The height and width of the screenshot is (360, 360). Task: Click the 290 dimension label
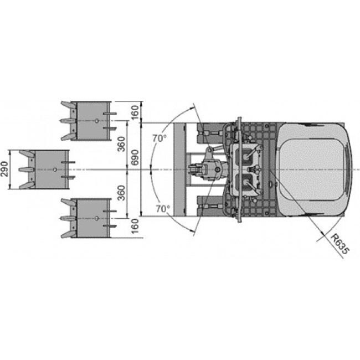click(4, 169)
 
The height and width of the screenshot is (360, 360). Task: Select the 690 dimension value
click(135, 157)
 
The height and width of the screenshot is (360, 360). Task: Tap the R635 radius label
click(340, 244)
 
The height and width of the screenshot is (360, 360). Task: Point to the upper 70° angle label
click(160, 138)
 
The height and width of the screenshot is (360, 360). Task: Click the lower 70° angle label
click(163, 209)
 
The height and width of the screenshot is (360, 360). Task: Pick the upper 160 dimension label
click(135, 112)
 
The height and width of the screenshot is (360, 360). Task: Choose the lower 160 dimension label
click(135, 226)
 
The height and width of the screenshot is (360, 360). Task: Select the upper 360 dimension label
click(121, 144)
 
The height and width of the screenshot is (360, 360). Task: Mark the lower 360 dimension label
click(121, 193)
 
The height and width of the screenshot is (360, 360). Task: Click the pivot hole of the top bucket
click(97, 121)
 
